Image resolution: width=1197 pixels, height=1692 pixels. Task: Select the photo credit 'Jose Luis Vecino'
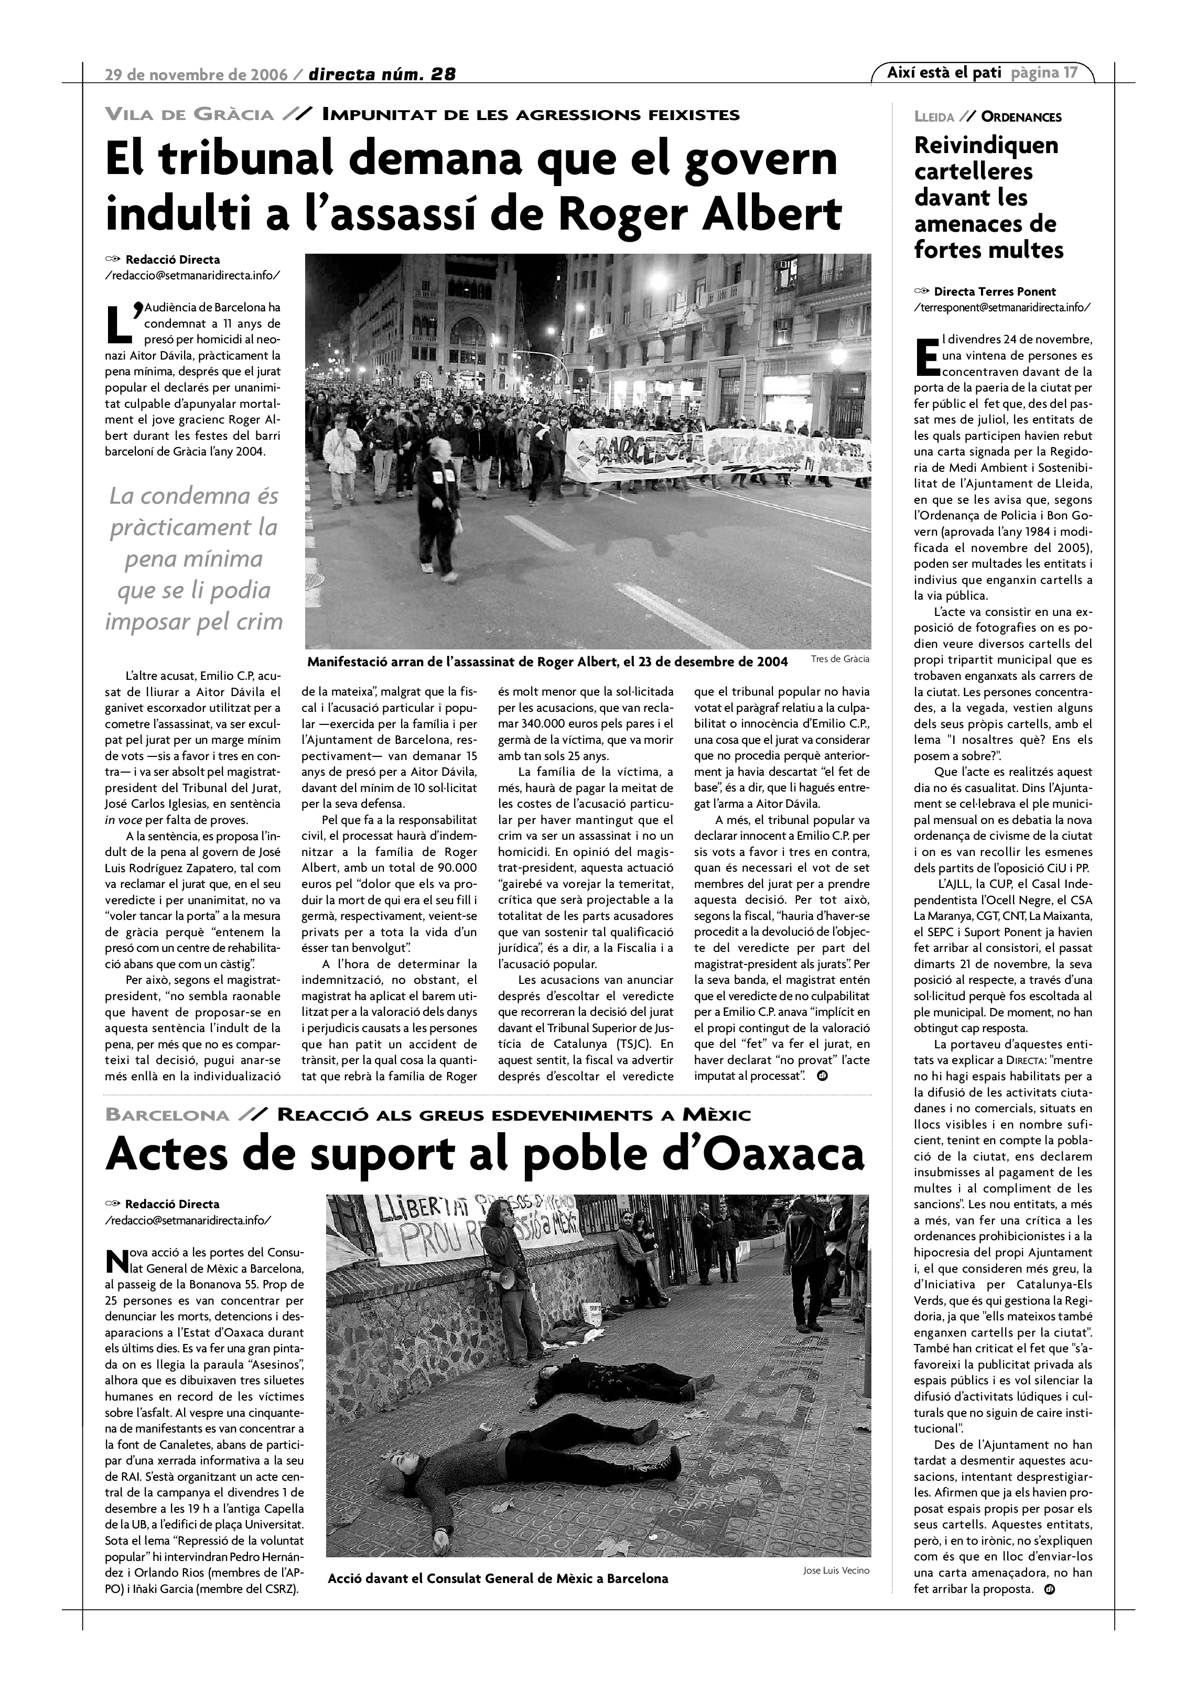click(836, 1570)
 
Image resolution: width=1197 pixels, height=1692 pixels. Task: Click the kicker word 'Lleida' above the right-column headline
click(934, 117)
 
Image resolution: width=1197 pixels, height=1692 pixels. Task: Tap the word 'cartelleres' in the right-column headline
click(973, 172)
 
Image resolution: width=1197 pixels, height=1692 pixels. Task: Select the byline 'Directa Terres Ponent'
click(994, 292)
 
